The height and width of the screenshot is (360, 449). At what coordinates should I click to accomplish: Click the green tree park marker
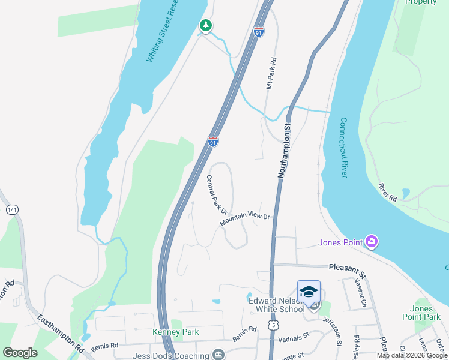click(x=206, y=25)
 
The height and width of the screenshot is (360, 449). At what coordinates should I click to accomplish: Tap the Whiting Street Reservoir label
click(x=164, y=32)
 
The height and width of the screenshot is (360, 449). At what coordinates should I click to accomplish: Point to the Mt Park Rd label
click(x=271, y=74)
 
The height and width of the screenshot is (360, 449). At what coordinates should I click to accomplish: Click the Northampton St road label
click(x=284, y=150)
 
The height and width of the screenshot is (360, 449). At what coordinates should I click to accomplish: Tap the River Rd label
click(x=388, y=192)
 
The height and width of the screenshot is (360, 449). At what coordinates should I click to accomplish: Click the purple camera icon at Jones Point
click(x=372, y=242)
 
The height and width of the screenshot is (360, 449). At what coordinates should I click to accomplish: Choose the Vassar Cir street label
click(x=360, y=292)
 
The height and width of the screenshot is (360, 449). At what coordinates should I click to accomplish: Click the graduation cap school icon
click(x=309, y=292)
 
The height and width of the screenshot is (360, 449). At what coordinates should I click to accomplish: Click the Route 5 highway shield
click(x=274, y=325)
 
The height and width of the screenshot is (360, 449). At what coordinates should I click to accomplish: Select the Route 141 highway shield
click(x=11, y=209)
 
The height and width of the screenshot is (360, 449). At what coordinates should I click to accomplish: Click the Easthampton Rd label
click(x=61, y=334)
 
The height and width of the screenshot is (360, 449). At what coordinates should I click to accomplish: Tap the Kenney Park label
click(x=175, y=332)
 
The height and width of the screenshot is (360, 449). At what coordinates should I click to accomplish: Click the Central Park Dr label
click(x=216, y=194)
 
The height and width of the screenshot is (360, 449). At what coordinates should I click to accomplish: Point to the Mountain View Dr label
click(x=246, y=220)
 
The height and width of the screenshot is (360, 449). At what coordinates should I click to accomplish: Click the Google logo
click(x=20, y=353)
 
